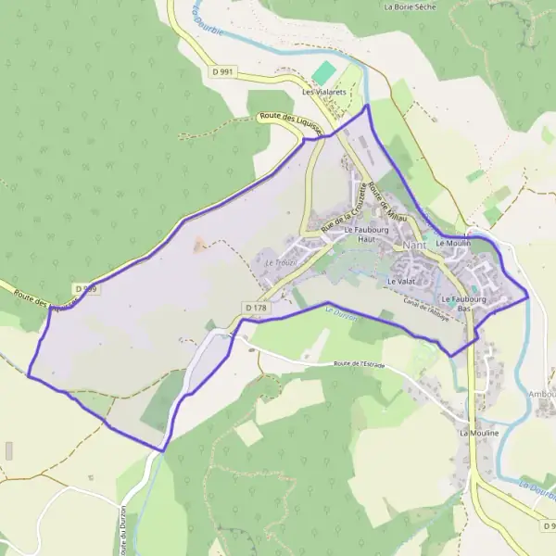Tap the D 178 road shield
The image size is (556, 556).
[257, 307]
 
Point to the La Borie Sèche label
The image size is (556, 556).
[409, 6]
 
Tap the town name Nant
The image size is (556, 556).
[416, 245]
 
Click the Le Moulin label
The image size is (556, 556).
[453, 243]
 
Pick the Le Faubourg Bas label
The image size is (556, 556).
[464, 303]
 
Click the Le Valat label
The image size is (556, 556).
[400, 280]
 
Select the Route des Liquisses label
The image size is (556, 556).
[290, 122]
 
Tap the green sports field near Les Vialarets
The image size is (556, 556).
[324, 72]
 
